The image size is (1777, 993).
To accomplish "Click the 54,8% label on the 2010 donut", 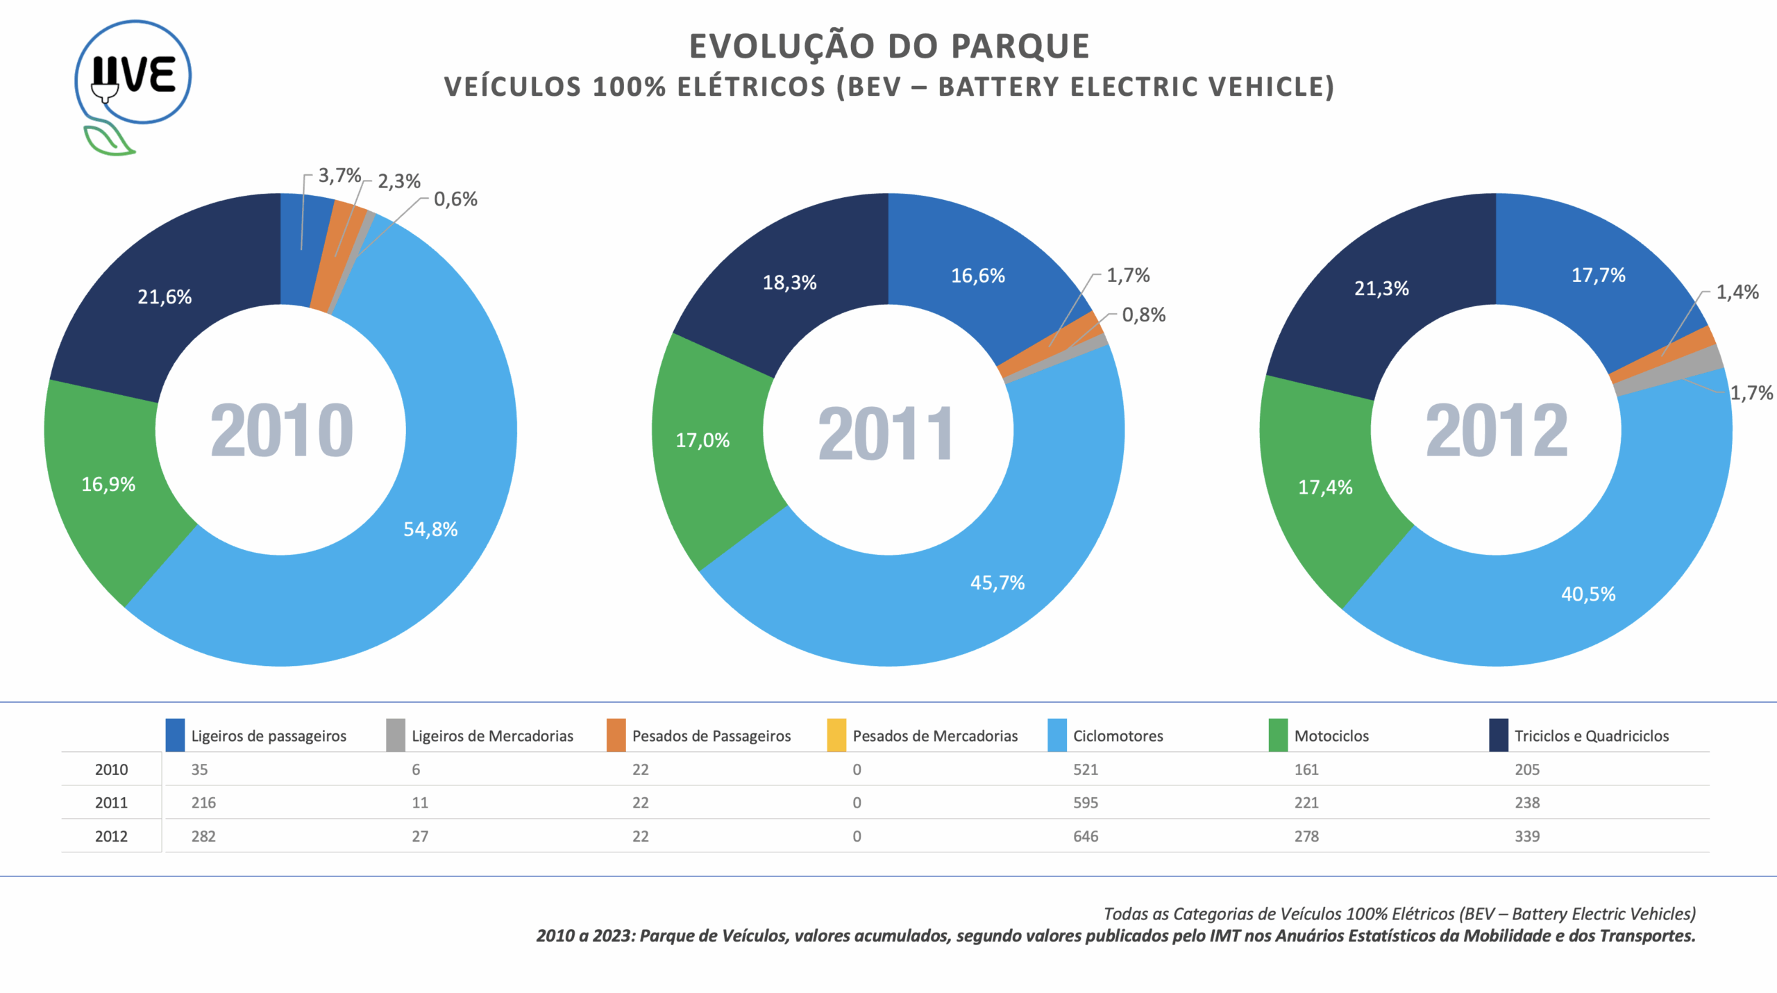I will coord(430,529).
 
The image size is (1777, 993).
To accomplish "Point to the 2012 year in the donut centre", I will coord(1497,431).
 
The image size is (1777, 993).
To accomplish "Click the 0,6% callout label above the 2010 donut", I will coord(455,199).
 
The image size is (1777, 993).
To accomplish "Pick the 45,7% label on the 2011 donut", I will coord(997,583).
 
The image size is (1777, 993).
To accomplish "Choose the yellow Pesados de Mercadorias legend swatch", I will coord(836,735).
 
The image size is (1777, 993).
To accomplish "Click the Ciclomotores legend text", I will coord(1118,736).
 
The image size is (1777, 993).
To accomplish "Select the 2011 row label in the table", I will coord(111,803).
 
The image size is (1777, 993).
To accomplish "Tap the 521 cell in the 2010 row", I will coord(1086,769).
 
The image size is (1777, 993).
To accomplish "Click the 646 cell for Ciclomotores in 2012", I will coord(1086,836).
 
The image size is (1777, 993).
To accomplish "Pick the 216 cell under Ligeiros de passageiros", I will coord(203,803).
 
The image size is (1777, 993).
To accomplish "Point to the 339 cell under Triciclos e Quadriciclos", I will coord(1527,836).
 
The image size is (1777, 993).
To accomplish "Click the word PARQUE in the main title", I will coord(1020,47).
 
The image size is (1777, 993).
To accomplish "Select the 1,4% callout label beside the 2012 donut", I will coord(1737,292).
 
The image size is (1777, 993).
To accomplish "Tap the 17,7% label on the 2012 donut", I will coord(1598,275).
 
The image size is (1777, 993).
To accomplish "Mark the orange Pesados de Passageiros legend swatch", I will coord(616,735).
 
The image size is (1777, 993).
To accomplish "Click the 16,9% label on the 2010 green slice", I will coord(108,484).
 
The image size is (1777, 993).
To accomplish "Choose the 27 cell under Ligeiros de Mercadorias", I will coord(420,836).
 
